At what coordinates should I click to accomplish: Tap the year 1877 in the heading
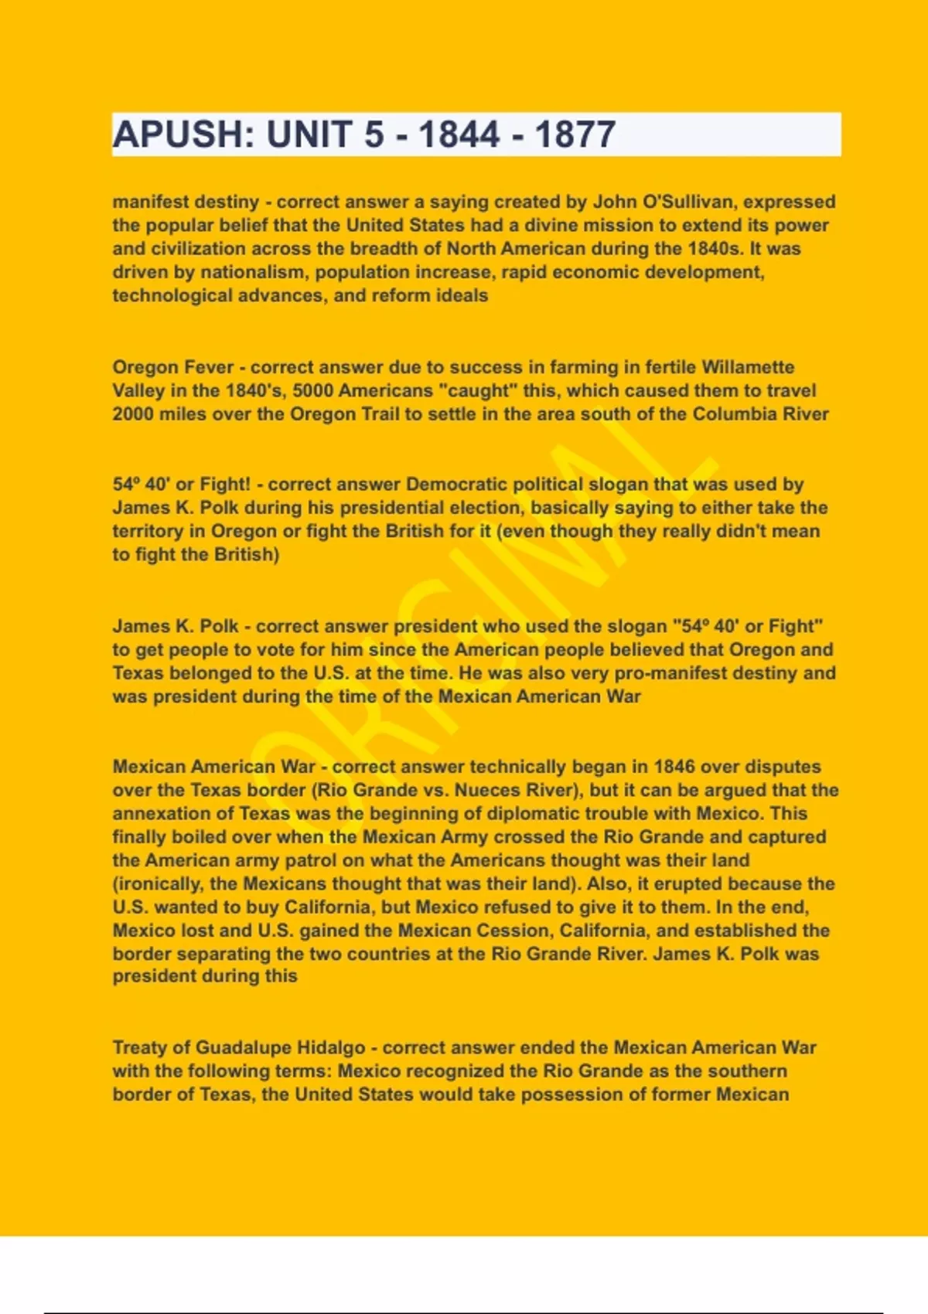[575, 134]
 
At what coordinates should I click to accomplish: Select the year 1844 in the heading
[459, 134]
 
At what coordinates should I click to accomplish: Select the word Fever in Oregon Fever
[208, 367]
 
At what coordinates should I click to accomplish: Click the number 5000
[312, 390]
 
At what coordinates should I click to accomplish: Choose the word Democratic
[457, 485]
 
